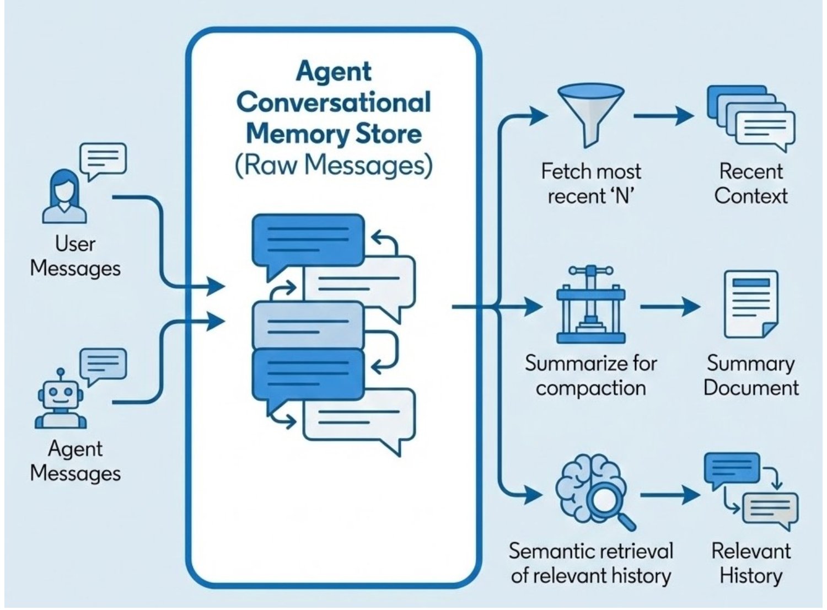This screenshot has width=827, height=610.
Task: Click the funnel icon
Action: pyautogui.click(x=590, y=113)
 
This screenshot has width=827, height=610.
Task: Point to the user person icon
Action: pyautogui.click(x=64, y=196)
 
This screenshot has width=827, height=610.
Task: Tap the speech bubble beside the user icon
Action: pyautogui.click(x=103, y=159)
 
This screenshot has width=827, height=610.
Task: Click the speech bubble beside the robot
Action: pyautogui.click(x=103, y=365)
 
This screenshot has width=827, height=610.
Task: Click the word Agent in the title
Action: pyautogui.click(x=334, y=72)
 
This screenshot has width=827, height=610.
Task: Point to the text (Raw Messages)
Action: pyautogui.click(x=334, y=165)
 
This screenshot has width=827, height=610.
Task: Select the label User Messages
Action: pyautogui.click(x=75, y=256)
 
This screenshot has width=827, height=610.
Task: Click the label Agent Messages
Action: pyautogui.click(x=75, y=461)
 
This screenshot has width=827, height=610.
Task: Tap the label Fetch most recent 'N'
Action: pyautogui.click(x=590, y=184)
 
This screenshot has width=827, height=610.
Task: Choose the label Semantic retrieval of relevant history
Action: pyautogui.click(x=590, y=563)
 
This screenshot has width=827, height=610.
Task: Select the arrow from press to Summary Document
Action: pyautogui.click(x=669, y=306)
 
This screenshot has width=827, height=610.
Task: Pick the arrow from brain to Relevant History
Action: pyautogui.click(x=669, y=495)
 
